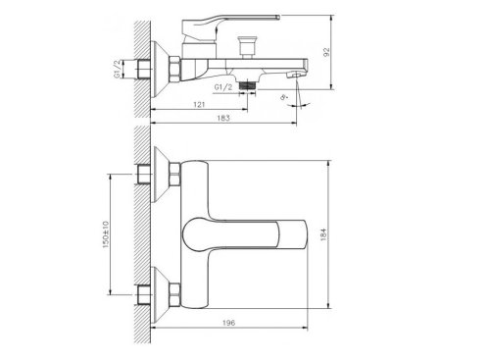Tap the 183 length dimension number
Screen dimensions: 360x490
[x=225, y=117]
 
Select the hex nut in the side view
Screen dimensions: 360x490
[x=172, y=69]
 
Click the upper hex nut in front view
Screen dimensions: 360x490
[x=172, y=178]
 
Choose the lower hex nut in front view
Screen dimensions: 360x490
[x=172, y=291]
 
